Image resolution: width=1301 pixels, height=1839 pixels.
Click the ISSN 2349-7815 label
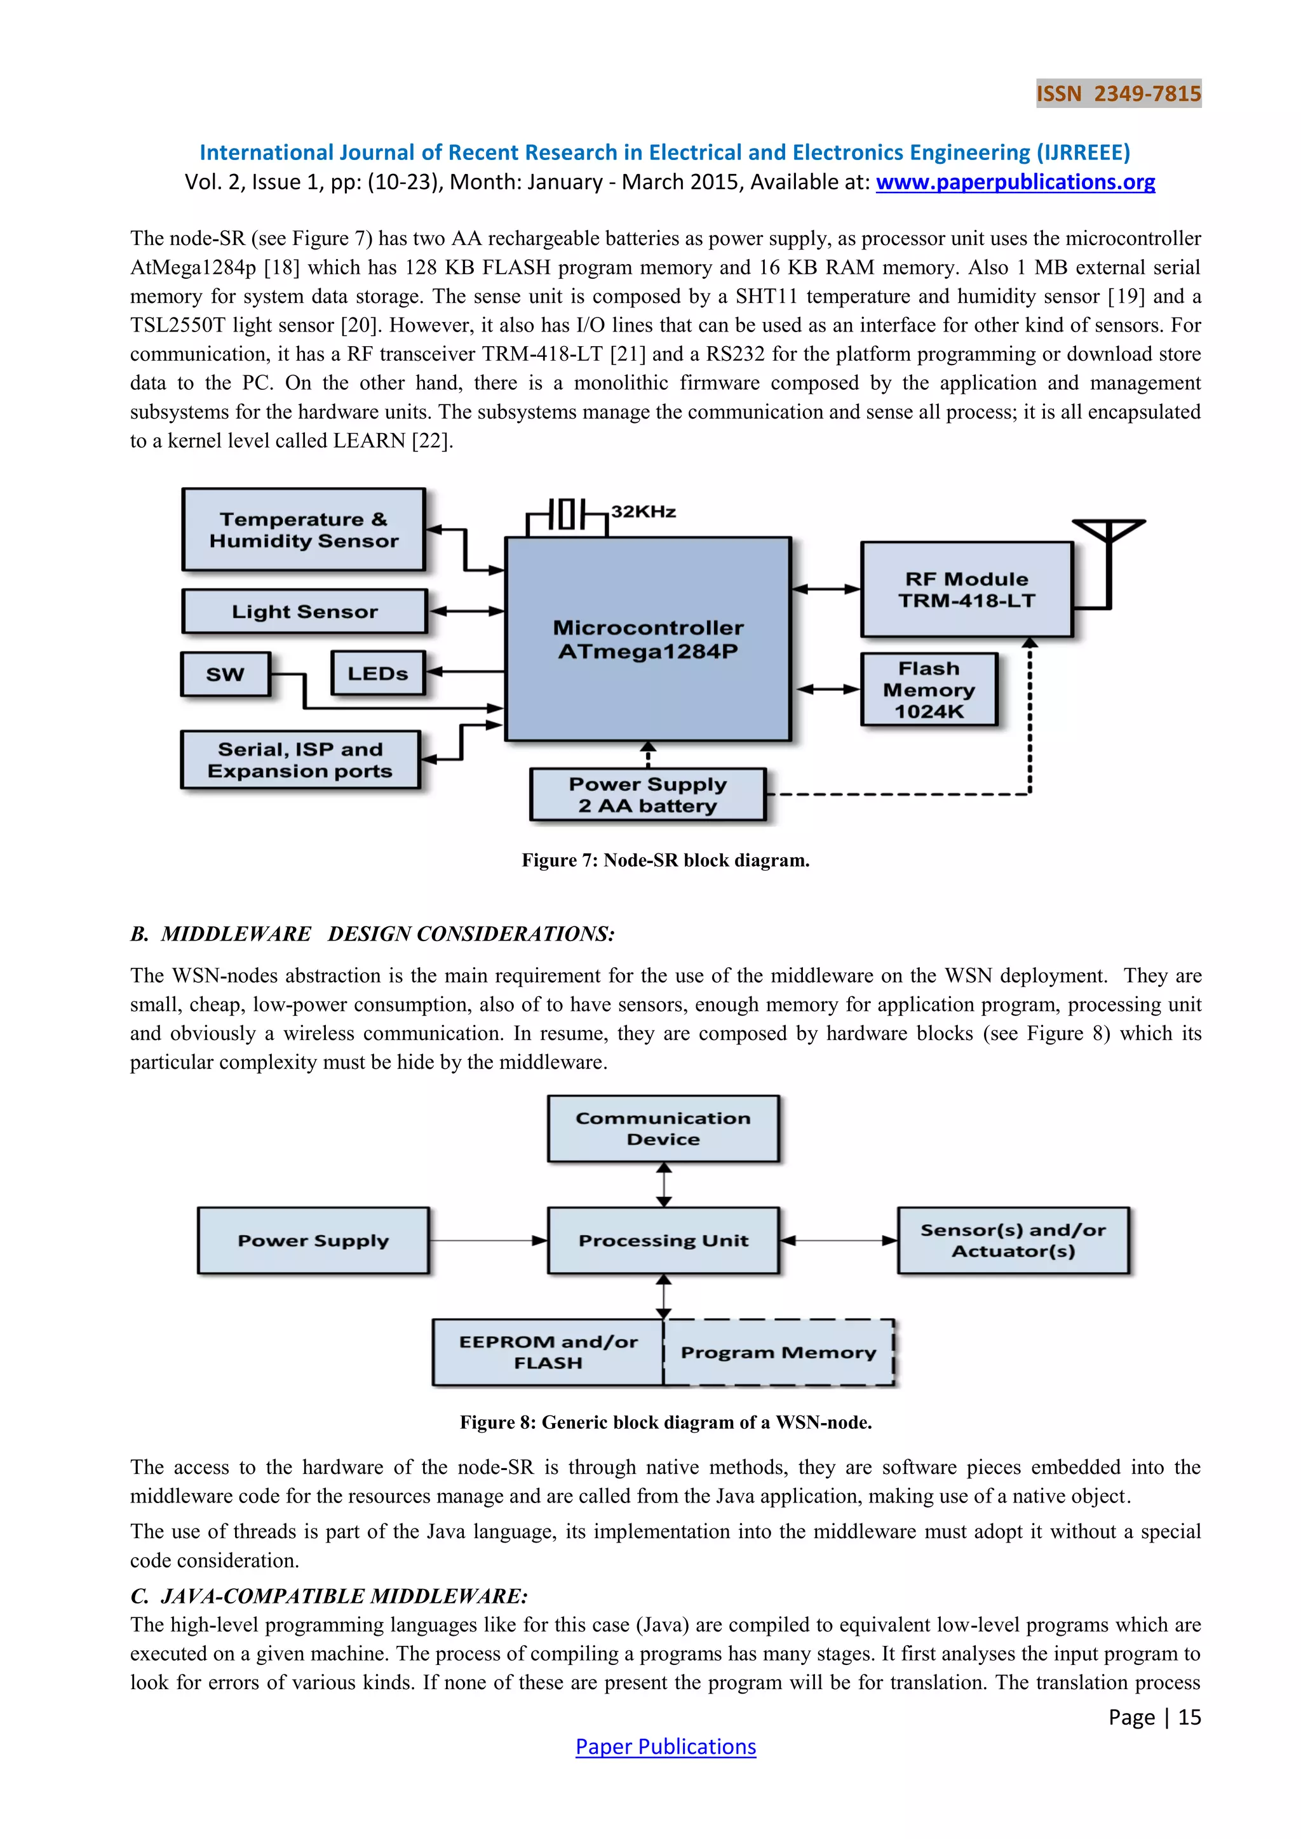point(1118,94)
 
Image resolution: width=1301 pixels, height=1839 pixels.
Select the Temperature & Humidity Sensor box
point(304,530)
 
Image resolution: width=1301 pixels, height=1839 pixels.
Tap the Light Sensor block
point(304,611)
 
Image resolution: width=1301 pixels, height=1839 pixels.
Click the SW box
point(225,674)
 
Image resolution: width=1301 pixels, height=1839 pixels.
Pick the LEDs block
point(377,674)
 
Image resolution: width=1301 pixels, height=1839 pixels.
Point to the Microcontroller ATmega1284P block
point(647,639)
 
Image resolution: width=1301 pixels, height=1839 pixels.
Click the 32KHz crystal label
point(644,512)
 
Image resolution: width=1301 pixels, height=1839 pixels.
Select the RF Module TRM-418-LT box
point(966,589)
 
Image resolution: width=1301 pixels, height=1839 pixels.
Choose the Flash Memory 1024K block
point(929,690)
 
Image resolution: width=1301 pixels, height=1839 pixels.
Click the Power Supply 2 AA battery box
point(647,794)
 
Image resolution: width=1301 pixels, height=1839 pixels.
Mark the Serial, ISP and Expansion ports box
point(300,760)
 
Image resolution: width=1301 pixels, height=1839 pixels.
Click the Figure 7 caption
point(665,860)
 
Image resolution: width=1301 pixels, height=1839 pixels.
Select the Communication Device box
point(663,1128)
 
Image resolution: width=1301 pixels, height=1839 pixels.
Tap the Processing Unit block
point(663,1241)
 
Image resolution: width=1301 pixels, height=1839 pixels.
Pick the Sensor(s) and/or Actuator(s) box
point(1013,1241)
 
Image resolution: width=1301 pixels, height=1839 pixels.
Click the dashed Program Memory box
point(778,1353)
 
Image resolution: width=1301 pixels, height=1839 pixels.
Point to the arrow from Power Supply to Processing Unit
point(488,1241)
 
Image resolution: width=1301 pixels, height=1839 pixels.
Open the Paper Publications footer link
point(665,1747)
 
